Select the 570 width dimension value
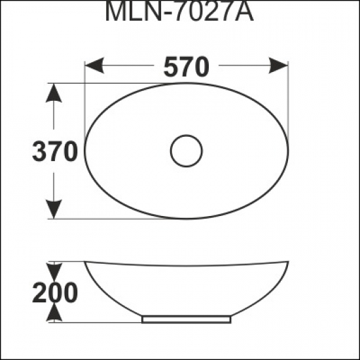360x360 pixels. point(187,66)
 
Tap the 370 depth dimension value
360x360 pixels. point(55,152)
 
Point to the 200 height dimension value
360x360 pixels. point(55,292)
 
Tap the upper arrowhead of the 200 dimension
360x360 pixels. point(55,269)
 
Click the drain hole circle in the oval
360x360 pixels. point(187,151)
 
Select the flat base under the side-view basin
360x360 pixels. point(187,320)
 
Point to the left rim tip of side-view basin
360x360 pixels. point(86,263)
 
